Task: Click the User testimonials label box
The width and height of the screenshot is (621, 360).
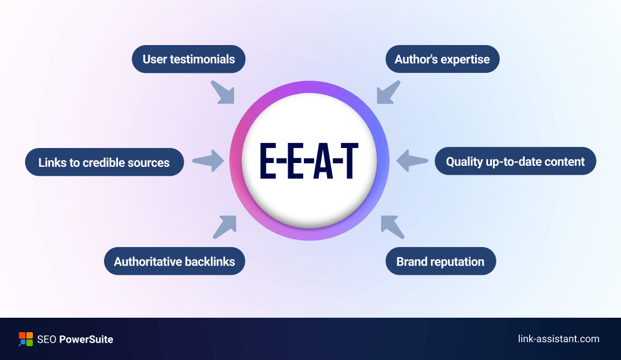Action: [189, 59]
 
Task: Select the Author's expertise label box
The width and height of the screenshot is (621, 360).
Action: [442, 59]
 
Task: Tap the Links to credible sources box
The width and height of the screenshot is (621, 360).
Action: [104, 162]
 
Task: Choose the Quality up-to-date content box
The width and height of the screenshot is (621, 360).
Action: [515, 161]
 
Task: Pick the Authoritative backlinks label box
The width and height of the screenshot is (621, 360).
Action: [174, 261]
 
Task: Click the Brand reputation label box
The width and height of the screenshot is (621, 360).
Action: [440, 261]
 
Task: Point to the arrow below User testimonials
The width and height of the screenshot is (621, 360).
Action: [222, 92]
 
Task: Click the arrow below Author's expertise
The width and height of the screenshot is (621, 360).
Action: [388, 92]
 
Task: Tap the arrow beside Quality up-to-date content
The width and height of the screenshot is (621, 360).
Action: [412, 161]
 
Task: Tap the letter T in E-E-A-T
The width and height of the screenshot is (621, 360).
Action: [349, 162]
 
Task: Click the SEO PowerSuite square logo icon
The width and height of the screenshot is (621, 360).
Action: [26, 339]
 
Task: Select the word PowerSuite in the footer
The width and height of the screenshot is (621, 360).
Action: [86, 339]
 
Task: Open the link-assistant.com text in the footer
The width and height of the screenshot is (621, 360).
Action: [558, 339]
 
